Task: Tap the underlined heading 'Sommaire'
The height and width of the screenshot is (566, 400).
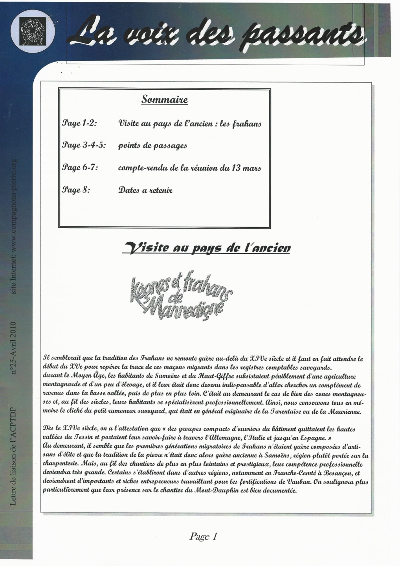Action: pyautogui.click(x=165, y=100)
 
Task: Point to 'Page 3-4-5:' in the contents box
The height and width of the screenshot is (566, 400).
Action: pyautogui.click(x=84, y=146)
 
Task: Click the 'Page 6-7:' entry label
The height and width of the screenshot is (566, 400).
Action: pyautogui.click(x=80, y=168)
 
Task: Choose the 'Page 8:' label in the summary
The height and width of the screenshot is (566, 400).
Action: pyautogui.click(x=76, y=190)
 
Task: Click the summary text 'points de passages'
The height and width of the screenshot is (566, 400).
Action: pyautogui.click(x=152, y=146)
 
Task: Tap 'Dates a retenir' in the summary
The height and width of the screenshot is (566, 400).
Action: pyautogui.click(x=145, y=190)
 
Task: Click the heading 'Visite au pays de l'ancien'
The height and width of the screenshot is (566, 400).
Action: pyautogui.click(x=207, y=248)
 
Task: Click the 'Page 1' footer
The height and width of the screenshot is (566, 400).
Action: pyautogui.click(x=203, y=536)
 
